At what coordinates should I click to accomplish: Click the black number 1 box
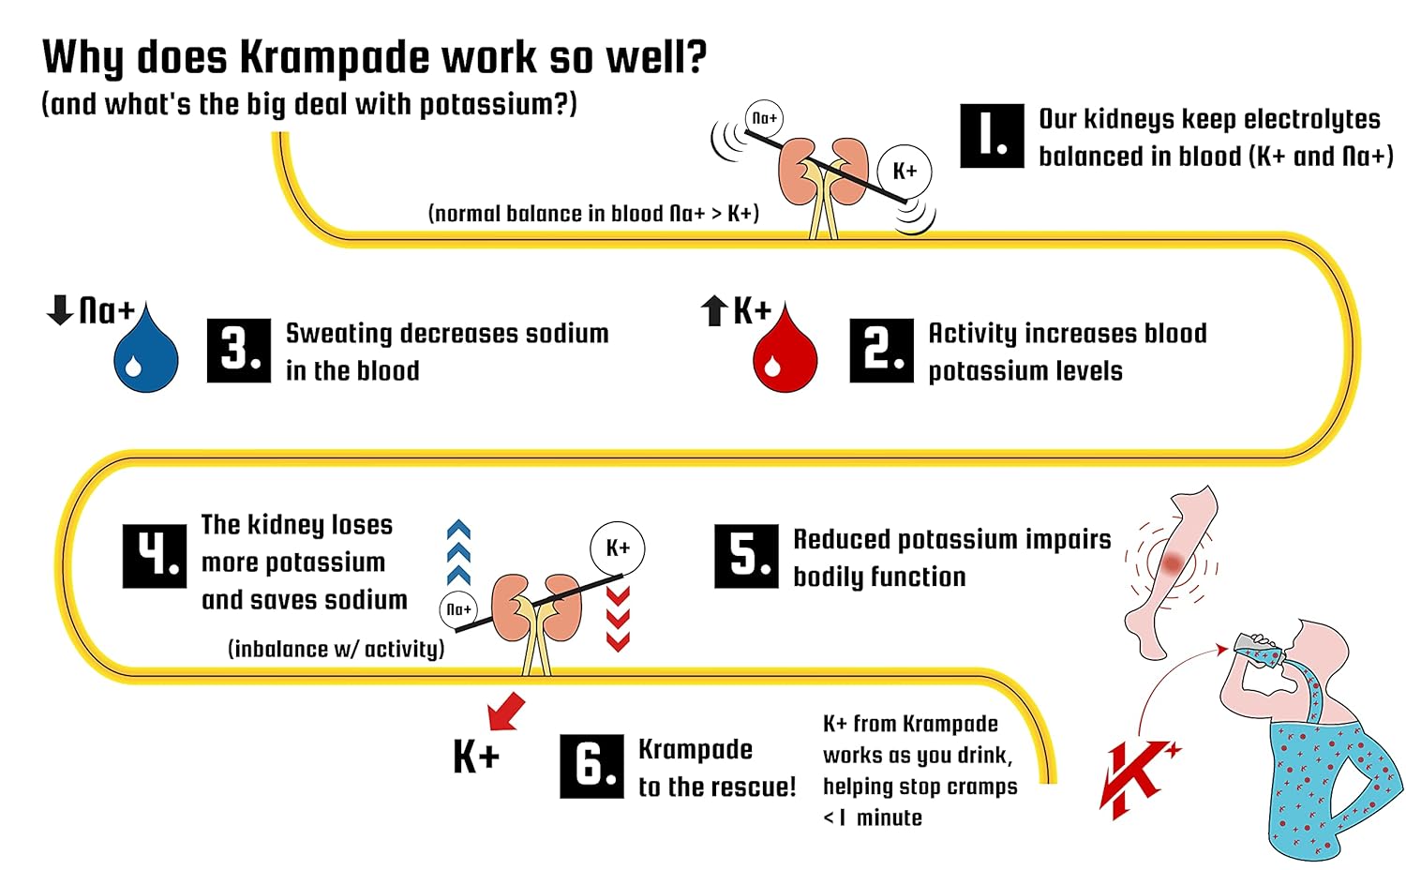(x=992, y=136)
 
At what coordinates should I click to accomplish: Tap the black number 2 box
(x=881, y=351)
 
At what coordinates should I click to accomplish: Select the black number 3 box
(x=239, y=351)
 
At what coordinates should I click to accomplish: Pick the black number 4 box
(x=155, y=556)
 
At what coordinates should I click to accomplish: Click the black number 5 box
(x=746, y=556)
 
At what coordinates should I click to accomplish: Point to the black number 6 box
(x=591, y=766)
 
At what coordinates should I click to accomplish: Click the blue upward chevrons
(x=458, y=553)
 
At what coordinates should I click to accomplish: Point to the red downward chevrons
(x=618, y=619)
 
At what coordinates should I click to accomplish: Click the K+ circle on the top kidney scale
(x=905, y=171)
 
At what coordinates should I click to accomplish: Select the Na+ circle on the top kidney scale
(x=765, y=118)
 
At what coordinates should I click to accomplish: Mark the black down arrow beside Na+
(x=60, y=309)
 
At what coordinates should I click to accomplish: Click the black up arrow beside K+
(x=714, y=310)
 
